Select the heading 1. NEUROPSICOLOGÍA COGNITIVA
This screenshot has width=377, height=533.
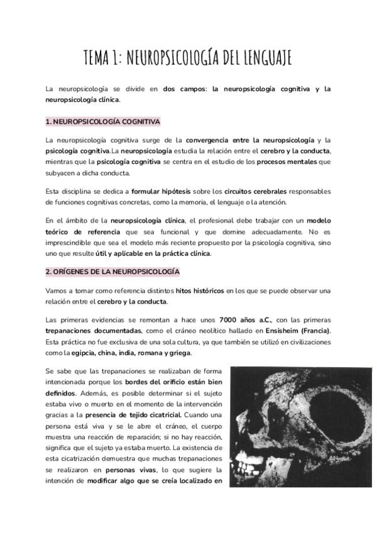pyautogui.click(x=103, y=121)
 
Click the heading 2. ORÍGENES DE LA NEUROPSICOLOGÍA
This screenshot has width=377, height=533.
pyautogui.click(x=112, y=272)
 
